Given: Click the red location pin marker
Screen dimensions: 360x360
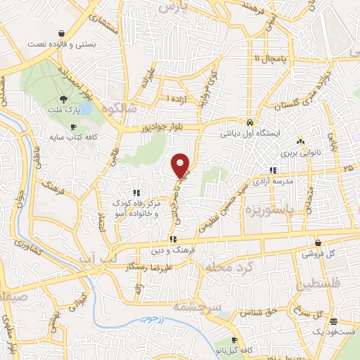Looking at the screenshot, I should point(181,165).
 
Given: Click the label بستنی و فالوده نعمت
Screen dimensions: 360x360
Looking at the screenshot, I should point(62,44).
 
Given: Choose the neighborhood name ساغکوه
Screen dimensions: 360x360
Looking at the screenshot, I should point(117,111).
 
